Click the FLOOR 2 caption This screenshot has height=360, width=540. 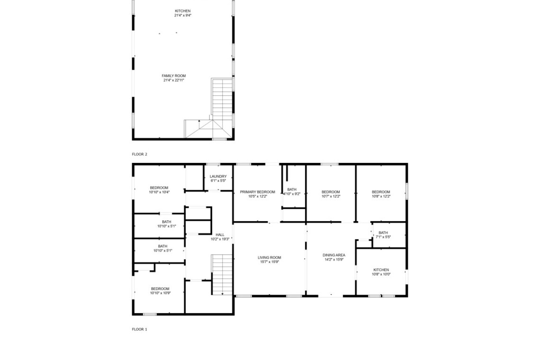(139, 154)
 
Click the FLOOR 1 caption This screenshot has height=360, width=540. (139, 329)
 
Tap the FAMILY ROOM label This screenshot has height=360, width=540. (174, 76)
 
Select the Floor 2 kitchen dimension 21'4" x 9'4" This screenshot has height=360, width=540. (182, 16)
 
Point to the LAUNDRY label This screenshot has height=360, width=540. (218, 176)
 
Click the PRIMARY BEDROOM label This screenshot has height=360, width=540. (258, 192)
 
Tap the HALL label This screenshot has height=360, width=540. (220, 235)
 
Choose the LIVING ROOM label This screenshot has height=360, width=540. (270, 257)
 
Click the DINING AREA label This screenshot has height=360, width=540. (334, 255)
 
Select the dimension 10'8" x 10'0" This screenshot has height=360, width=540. (381, 275)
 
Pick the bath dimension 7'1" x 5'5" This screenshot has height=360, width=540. (383, 237)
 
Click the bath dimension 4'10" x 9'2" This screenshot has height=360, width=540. (292, 194)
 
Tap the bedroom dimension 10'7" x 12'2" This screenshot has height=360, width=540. (331, 197)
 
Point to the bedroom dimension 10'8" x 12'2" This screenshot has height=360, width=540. (381, 197)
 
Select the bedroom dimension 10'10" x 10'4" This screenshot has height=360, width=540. (159, 192)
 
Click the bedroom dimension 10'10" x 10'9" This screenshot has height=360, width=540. (161, 293)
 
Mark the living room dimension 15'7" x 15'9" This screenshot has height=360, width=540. (270, 262)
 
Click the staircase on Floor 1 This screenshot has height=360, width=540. (222, 275)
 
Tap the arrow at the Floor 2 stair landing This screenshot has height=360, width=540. (199, 121)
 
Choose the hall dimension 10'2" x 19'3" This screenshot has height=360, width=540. (220, 239)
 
